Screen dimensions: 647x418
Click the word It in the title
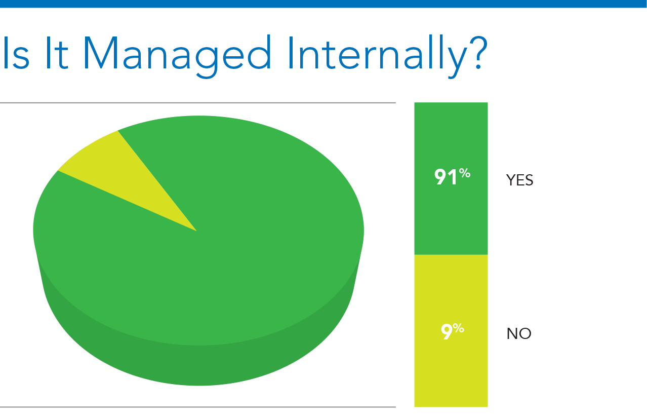(57, 53)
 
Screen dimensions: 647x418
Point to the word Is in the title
(16, 53)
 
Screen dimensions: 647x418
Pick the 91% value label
(452, 176)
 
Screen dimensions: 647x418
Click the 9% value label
(452, 331)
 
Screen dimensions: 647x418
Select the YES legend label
(519, 180)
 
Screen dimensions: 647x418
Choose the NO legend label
(519, 333)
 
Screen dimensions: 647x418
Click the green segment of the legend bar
(451, 178)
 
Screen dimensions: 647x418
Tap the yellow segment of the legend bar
(451, 331)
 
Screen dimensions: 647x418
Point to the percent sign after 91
(465, 173)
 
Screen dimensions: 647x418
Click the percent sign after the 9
(458, 328)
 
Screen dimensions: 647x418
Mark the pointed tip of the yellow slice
(197, 231)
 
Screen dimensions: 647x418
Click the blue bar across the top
(323, 4)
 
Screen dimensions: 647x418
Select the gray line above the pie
(198, 103)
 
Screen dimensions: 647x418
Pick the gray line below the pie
(198, 407)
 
